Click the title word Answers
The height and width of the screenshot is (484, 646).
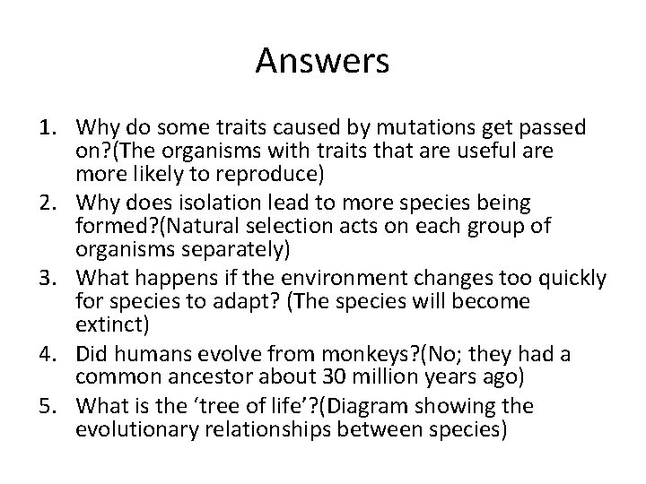tap(322, 61)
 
